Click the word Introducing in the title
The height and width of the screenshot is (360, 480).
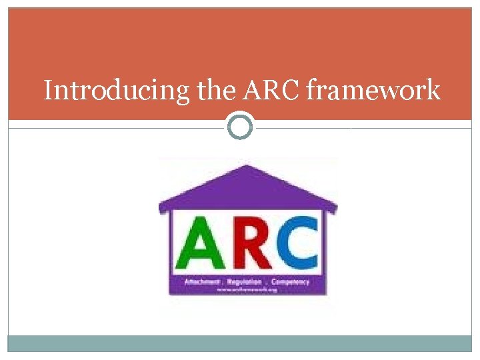pyautogui.click(x=118, y=90)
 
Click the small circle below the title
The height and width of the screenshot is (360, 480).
pyautogui.click(x=240, y=126)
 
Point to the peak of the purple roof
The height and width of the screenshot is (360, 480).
pyautogui.click(x=247, y=166)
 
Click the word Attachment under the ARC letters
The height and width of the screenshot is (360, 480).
pyautogui.click(x=201, y=282)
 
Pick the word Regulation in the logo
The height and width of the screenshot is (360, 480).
pyautogui.click(x=245, y=282)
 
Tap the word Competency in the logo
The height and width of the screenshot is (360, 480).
pyautogui.click(x=290, y=282)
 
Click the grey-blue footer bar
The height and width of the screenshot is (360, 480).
pyautogui.click(x=240, y=343)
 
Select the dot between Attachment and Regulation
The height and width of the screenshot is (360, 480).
pyautogui.click(x=224, y=283)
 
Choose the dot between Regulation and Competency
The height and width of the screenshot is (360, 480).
pyautogui.click(x=267, y=283)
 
